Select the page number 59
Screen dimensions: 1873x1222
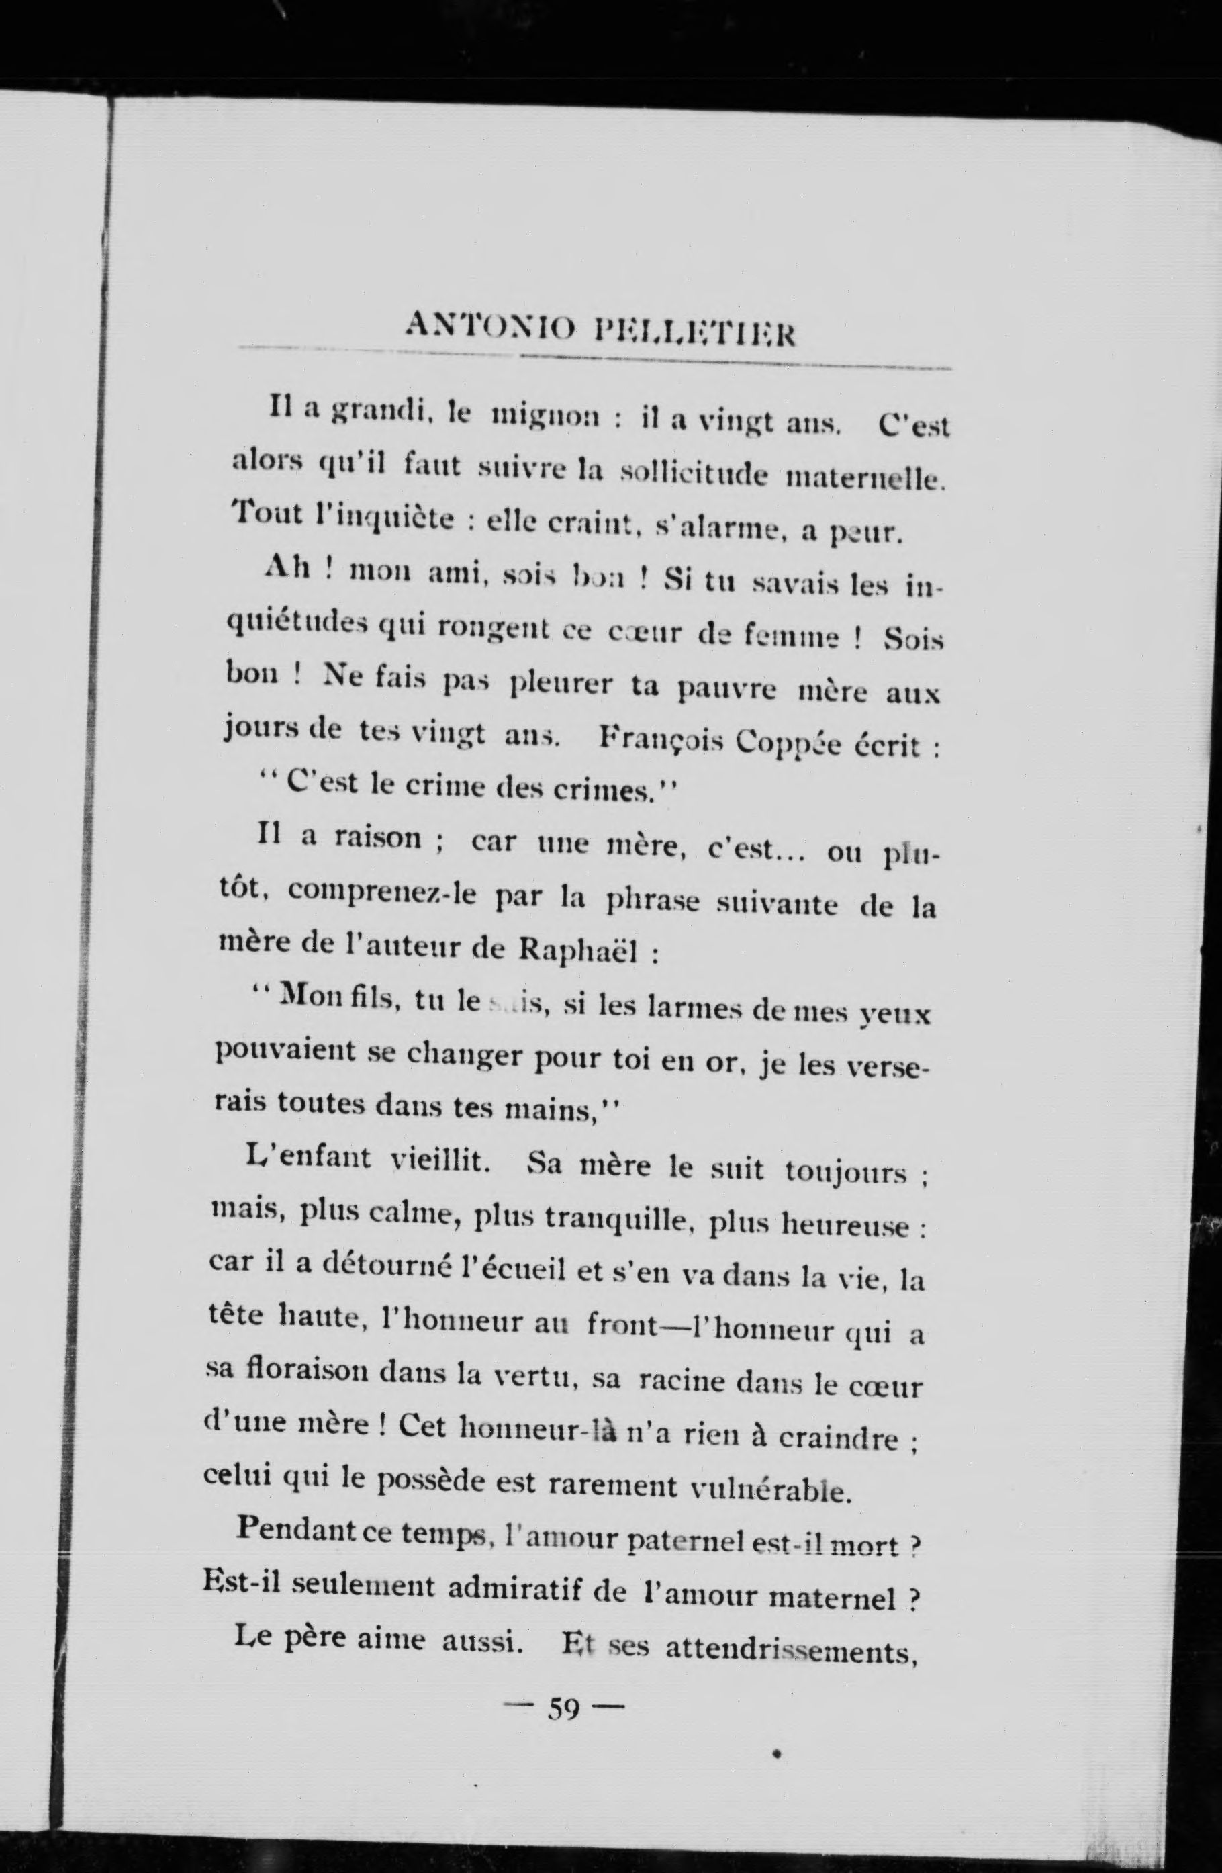563,1709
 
